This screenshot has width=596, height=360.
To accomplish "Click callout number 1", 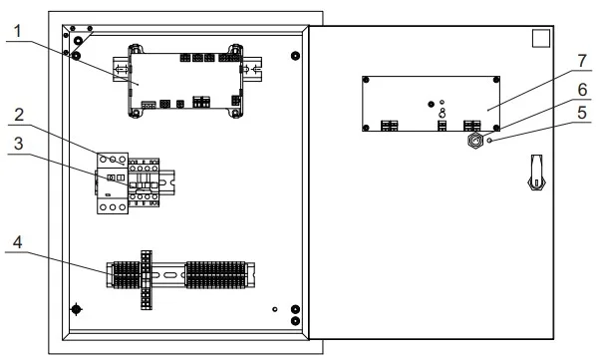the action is tap(18, 31).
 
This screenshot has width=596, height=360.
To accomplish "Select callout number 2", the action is tap(19, 115).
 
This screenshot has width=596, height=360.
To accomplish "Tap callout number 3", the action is tap(18, 144).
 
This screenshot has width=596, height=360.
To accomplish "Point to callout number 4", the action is tap(18, 242).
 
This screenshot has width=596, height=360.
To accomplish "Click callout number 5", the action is tap(582, 113).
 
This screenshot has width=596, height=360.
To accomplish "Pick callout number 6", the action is tap(582, 90).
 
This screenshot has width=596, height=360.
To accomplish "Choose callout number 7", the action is tap(582, 61).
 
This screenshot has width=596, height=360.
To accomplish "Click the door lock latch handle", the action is tap(537, 172).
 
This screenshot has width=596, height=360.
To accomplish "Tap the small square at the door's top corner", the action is tap(541, 39).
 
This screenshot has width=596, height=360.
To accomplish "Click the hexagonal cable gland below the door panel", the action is tap(474, 141).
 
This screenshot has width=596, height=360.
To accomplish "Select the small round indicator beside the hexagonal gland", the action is tap(489, 141).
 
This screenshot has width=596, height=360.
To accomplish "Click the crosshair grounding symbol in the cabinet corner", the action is tap(77, 309).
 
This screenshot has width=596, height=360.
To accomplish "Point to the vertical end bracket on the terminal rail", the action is tap(147, 280).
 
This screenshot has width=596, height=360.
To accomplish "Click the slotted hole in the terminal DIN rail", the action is tap(169, 274).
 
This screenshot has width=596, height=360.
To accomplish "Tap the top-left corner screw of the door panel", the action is tap(366, 80).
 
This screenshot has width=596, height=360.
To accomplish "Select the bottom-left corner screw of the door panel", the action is tap(366, 128).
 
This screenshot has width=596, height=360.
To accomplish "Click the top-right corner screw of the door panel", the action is tap(496, 80).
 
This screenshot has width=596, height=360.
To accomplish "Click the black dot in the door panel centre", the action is tap(431, 104).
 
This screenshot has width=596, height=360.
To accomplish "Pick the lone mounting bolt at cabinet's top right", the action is tap(295, 56).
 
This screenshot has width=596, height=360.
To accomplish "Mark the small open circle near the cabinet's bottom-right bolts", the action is tap(275, 309).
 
